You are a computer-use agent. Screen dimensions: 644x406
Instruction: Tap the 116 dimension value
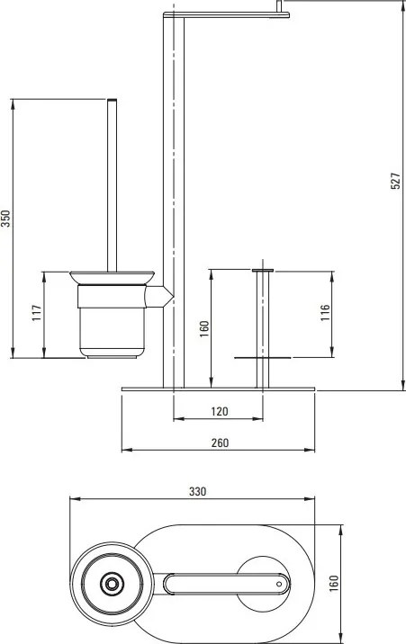[326, 312]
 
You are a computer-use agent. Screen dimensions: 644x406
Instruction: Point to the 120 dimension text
[219, 411]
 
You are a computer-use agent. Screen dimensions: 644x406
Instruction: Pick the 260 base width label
[219, 442]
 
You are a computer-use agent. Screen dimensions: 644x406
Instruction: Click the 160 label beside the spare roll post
[204, 329]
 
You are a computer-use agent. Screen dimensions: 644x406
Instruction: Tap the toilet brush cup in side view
[111, 319]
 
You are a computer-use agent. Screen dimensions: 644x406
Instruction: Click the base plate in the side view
[219, 389]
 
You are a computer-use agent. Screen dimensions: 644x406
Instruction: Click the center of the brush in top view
[112, 584]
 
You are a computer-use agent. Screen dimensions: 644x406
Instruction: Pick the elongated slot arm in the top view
[225, 585]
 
